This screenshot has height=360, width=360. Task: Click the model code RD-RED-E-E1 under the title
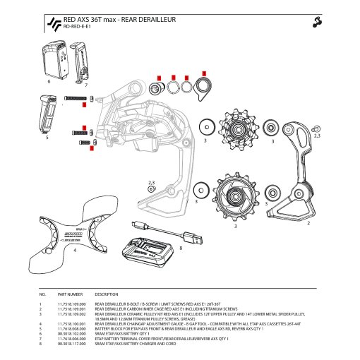point(78,28)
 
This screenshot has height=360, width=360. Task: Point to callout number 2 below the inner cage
point(308,223)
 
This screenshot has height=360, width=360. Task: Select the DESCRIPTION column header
point(106,294)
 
